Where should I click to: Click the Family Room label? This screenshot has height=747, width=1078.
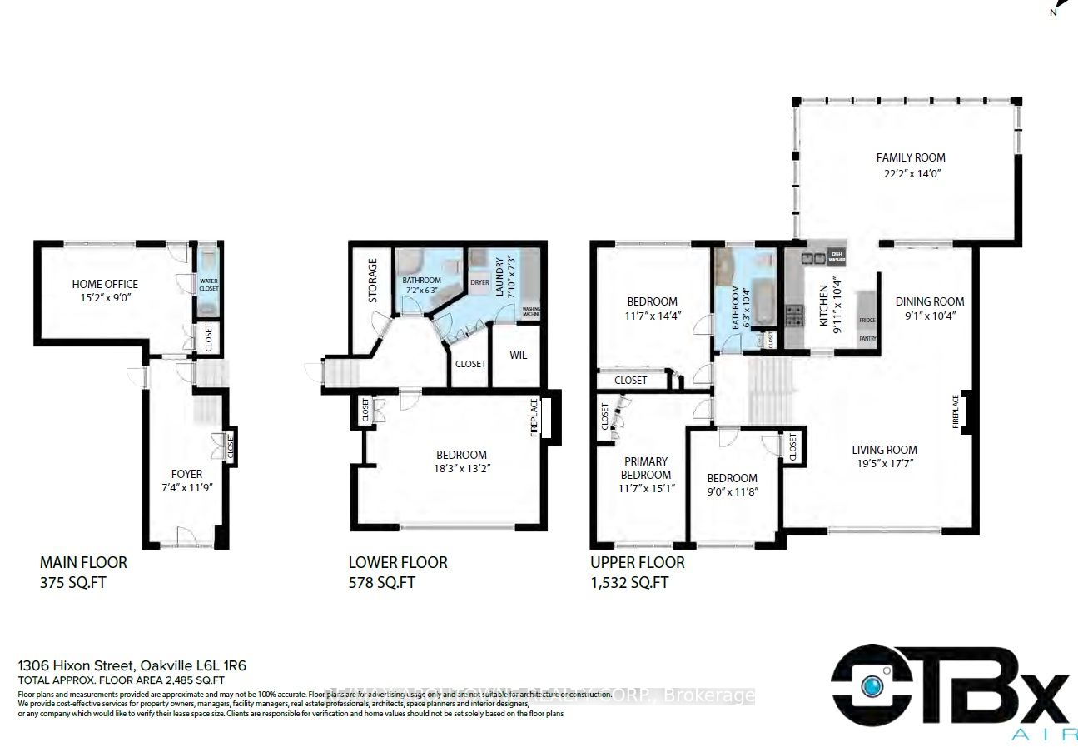click(x=911, y=157)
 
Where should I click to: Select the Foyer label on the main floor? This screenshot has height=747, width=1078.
click(x=187, y=474)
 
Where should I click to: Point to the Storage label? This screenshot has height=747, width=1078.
click(x=373, y=281)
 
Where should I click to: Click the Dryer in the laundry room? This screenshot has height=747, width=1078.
click(x=479, y=282)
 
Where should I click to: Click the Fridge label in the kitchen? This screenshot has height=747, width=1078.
click(x=866, y=320)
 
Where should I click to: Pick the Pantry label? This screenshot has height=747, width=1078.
click(x=867, y=338)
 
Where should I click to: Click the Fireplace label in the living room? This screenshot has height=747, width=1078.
click(x=956, y=411)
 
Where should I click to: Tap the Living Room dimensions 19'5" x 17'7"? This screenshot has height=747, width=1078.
click(x=884, y=465)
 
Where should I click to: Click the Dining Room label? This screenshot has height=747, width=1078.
click(x=930, y=301)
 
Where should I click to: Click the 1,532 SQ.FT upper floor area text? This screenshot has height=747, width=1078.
click(x=629, y=582)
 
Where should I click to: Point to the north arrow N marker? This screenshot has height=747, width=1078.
click(x=1053, y=12)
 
